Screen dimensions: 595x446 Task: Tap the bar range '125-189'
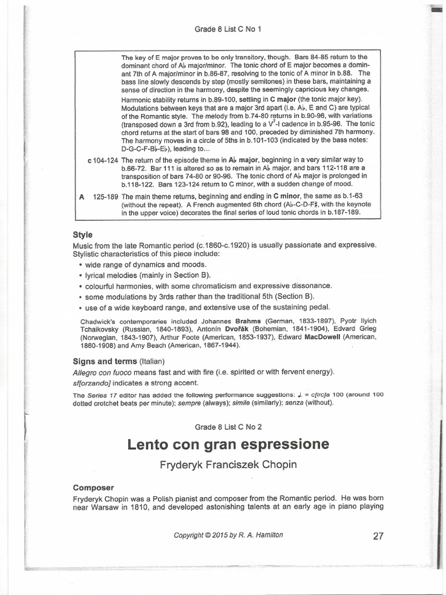coord(103,196)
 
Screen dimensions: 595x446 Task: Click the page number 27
coord(378,536)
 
